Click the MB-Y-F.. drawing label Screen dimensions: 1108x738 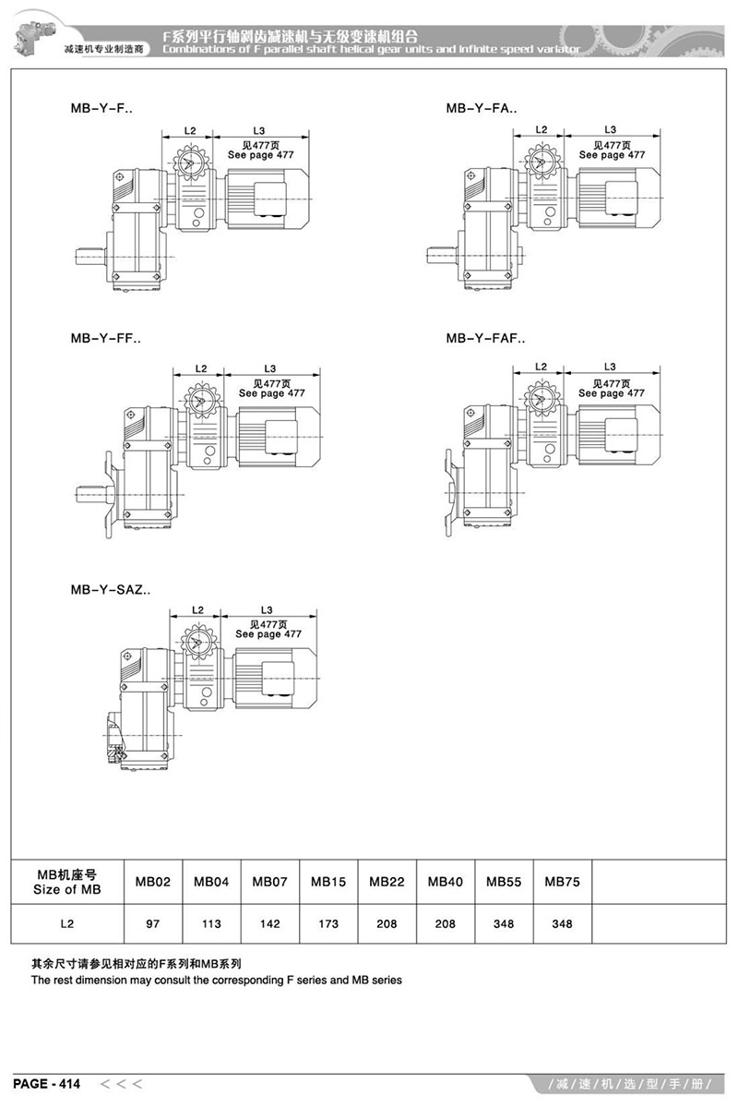[101, 108]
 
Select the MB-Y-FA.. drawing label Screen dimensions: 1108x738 [482, 108]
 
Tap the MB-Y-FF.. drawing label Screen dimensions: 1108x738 [105, 339]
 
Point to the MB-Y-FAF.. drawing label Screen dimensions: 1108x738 [485, 339]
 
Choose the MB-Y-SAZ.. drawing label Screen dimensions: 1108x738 [110, 588]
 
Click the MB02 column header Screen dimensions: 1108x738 [153, 882]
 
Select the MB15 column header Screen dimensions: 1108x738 [328, 882]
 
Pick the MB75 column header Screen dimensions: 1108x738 [562, 882]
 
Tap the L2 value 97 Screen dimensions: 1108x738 [153, 924]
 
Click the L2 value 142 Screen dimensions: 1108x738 [270, 924]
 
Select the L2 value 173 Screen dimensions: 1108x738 [328, 924]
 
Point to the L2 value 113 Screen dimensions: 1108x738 [211, 924]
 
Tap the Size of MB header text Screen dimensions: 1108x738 [66, 890]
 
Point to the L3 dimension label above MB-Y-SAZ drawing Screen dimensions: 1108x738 [267, 610]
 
